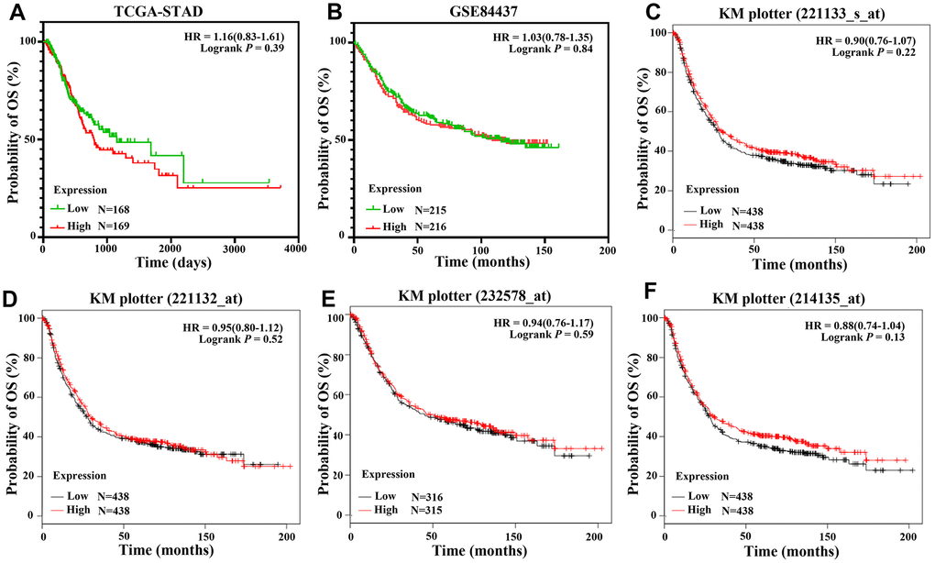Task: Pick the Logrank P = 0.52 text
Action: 241,340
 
